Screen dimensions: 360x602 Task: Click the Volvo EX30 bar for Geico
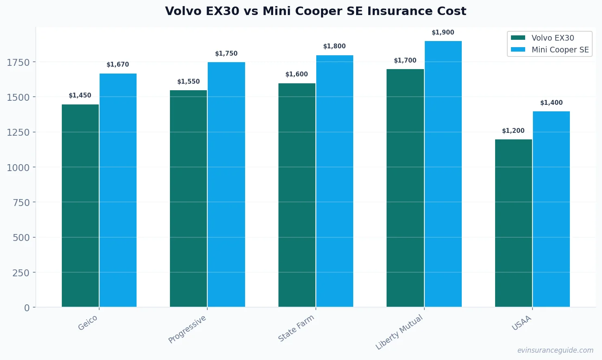(x=80, y=206)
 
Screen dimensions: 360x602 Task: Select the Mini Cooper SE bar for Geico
(x=118, y=190)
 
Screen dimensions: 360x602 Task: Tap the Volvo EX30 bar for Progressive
(x=188, y=199)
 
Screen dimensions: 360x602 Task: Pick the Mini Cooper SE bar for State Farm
(x=335, y=181)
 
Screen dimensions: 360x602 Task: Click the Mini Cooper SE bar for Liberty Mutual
(x=443, y=174)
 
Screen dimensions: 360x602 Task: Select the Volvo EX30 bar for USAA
(x=513, y=223)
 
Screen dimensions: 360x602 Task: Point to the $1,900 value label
(x=443, y=33)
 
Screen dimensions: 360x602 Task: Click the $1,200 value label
(x=513, y=131)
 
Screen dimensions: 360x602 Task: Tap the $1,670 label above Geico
(x=117, y=65)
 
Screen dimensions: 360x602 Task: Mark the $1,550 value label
(x=188, y=82)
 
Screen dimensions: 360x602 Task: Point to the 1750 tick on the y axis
(x=18, y=62)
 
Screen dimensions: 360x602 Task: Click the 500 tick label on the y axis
(x=21, y=238)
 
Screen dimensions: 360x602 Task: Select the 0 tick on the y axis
(x=27, y=308)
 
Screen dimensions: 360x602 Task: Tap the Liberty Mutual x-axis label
(x=399, y=332)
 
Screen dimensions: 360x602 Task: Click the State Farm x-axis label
(x=296, y=328)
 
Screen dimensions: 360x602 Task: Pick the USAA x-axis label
(x=521, y=323)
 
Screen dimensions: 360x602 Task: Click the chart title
(x=315, y=11)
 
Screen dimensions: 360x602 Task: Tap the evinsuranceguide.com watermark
(x=555, y=350)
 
